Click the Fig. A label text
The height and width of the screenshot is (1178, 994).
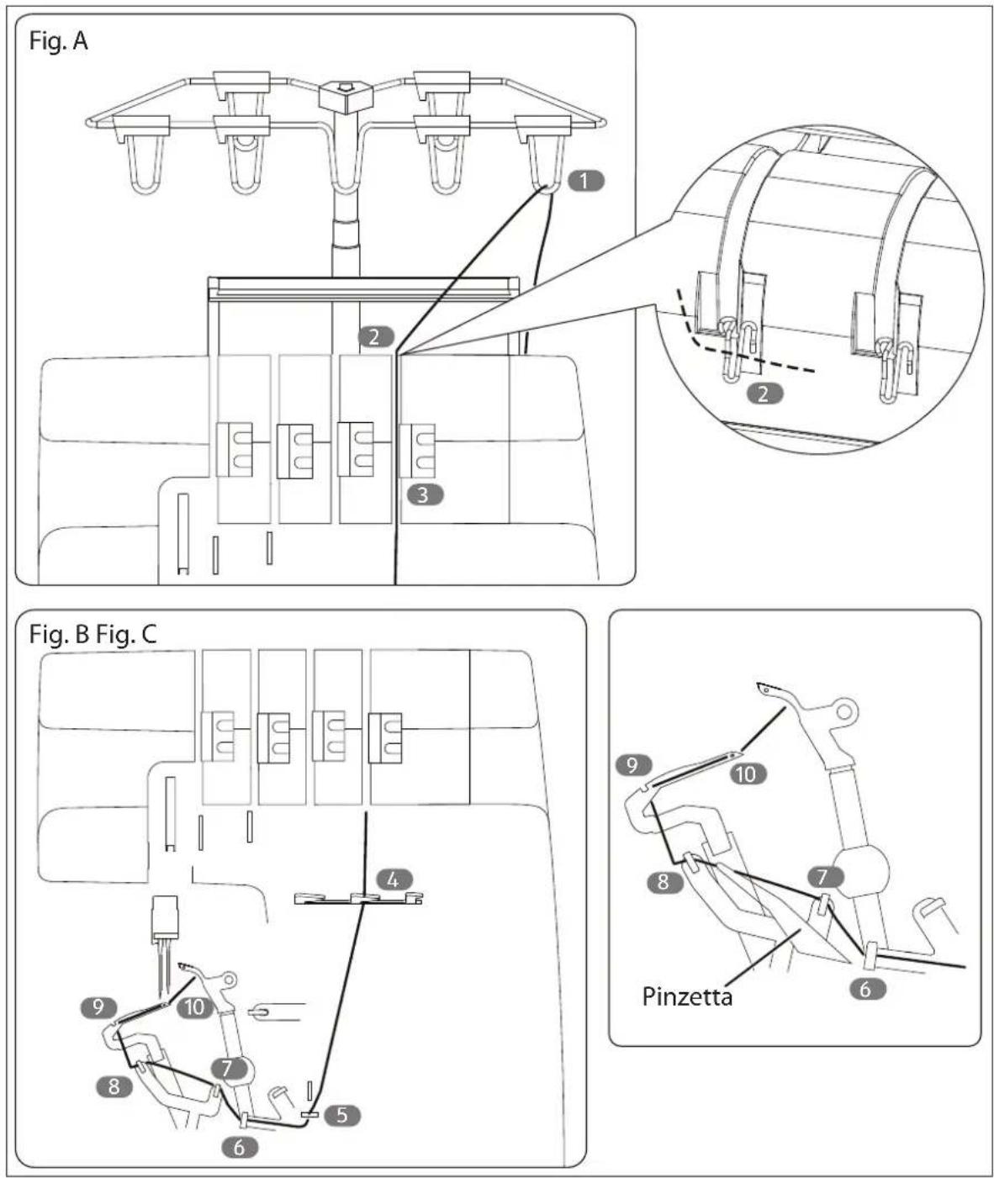58,41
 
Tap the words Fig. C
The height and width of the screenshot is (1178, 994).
126,635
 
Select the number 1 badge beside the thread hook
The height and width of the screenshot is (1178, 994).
585,181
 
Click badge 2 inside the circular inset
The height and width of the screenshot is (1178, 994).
764,394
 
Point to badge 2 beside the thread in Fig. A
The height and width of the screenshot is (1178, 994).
375,337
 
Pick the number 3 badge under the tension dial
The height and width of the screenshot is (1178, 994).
425,494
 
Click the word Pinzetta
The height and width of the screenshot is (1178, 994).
687,997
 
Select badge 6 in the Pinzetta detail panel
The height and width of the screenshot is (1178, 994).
865,989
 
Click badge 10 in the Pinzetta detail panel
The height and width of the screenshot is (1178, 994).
748,774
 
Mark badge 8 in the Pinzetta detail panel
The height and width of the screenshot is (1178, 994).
664,882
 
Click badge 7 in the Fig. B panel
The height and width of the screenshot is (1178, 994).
227,1068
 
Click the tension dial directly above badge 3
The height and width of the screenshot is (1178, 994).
416,451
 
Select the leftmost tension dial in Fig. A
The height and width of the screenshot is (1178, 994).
235,449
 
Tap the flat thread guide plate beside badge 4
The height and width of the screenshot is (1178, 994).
359,898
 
